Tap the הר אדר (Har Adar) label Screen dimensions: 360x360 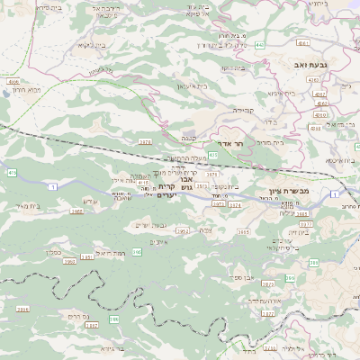point(231,143)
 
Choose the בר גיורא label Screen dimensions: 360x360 point(113,347)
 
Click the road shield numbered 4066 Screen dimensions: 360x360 point(13,81)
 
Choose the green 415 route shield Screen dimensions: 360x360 point(11,172)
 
